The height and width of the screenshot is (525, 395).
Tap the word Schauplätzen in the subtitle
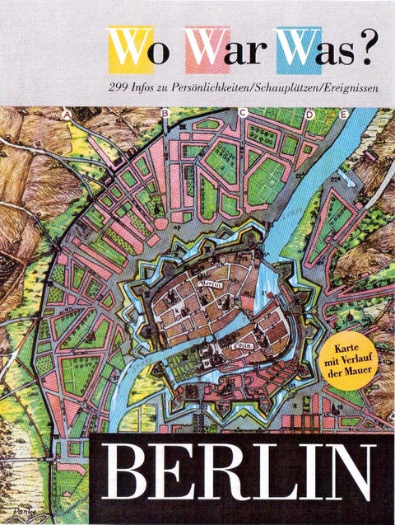click(275, 88)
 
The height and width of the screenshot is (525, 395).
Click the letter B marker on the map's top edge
click(165, 113)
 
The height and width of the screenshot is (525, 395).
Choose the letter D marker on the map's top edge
click(309, 113)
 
